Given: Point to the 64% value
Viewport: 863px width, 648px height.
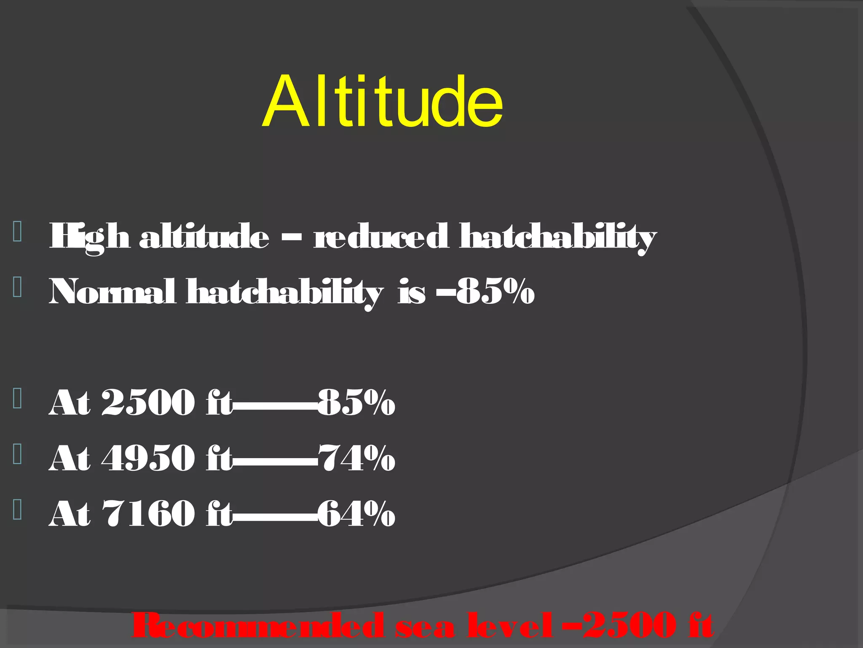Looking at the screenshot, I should (x=356, y=513).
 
